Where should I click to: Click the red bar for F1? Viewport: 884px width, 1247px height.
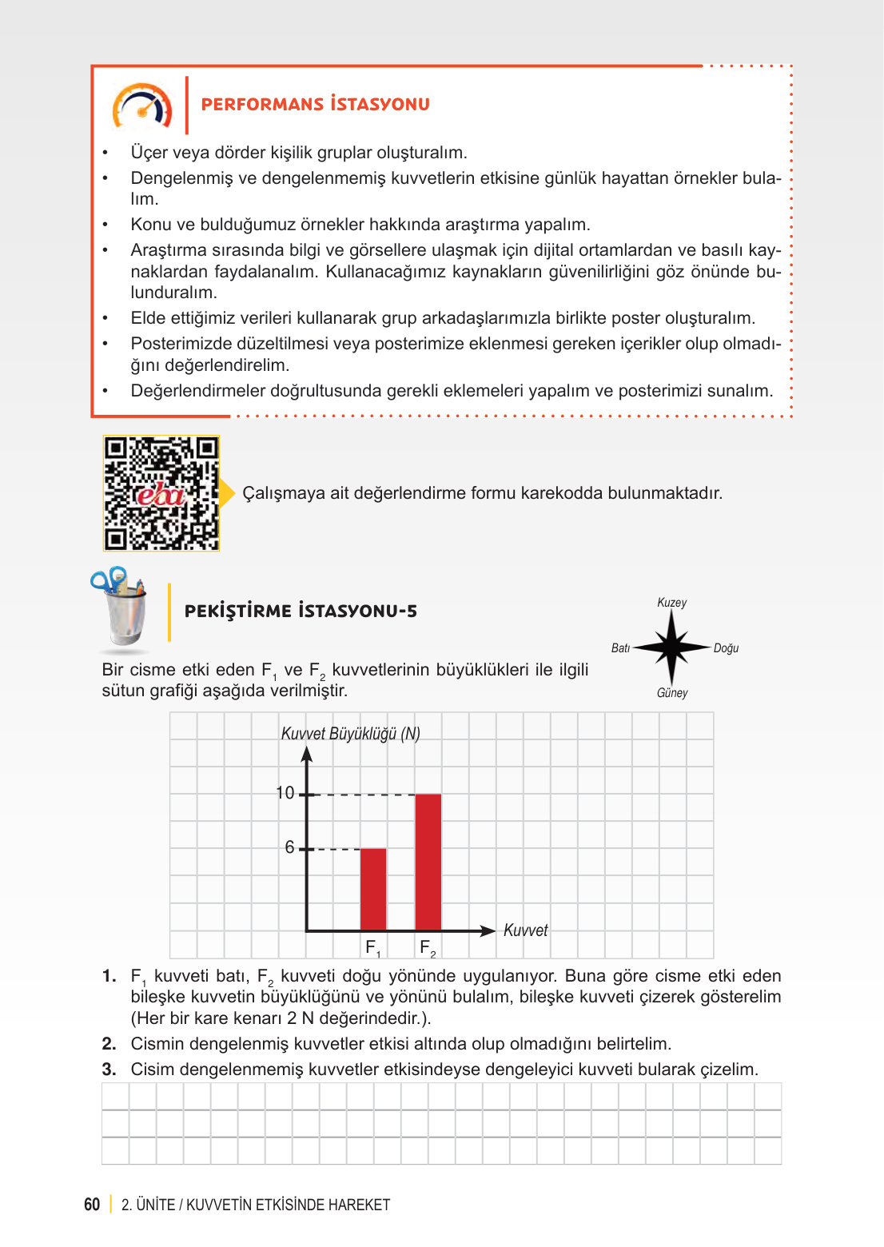click(373, 889)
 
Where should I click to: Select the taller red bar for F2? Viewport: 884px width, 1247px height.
click(428, 862)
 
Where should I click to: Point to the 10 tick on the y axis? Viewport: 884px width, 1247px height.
click(285, 793)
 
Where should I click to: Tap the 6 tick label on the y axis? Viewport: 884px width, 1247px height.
click(289, 847)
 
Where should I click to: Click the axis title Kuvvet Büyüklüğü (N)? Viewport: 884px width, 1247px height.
click(350, 734)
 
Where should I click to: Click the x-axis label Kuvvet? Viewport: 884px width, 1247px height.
click(525, 930)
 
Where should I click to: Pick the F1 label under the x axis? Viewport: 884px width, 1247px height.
click(372, 948)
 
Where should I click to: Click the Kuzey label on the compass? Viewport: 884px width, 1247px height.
click(671, 603)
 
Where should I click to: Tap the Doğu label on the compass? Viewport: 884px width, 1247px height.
click(726, 648)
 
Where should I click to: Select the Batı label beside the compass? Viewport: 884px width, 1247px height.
click(620, 648)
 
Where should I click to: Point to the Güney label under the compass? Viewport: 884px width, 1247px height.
click(672, 693)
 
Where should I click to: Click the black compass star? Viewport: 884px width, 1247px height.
click(671, 647)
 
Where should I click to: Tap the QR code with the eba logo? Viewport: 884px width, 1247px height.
click(161, 493)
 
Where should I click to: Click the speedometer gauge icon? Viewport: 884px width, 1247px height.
click(142, 106)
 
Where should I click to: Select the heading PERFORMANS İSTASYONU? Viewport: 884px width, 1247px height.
click(315, 104)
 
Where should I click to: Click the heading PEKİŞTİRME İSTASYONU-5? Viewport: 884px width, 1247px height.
click(301, 612)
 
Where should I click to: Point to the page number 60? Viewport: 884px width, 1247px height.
click(92, 1205)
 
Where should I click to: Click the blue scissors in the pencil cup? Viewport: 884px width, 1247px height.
click(110, 580)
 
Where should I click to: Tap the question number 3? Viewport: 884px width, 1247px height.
click(109, 1070)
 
